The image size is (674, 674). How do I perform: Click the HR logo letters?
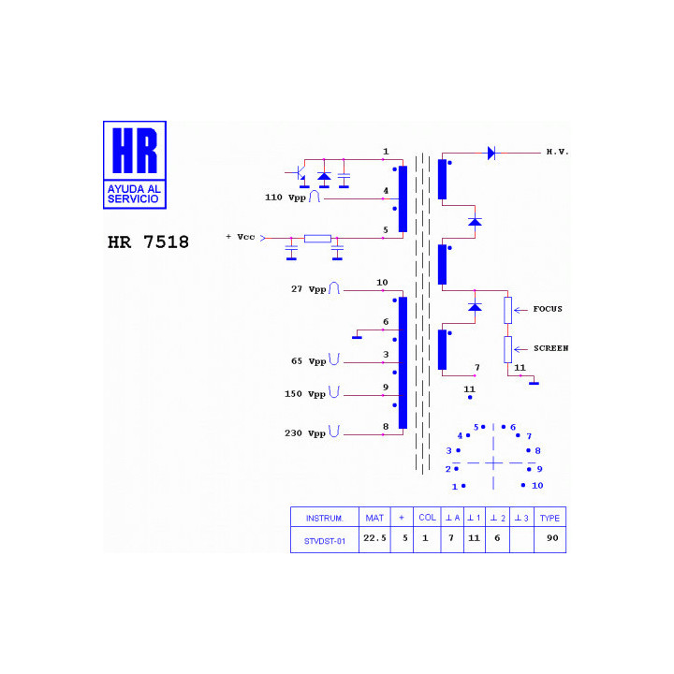[135, 151]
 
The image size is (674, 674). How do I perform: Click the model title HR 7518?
[148, 242]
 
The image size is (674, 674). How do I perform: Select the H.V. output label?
[557, 152]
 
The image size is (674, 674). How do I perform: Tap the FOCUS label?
[548, 309]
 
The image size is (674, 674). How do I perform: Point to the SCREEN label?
[550, 348]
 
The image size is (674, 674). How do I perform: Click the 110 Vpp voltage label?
[285, 198]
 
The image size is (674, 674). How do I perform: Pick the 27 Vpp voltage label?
[309, 289]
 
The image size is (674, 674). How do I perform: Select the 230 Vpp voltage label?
[305, 433]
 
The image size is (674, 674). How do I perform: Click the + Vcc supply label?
[241, 237]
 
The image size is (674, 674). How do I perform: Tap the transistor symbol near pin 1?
[299, 174]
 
